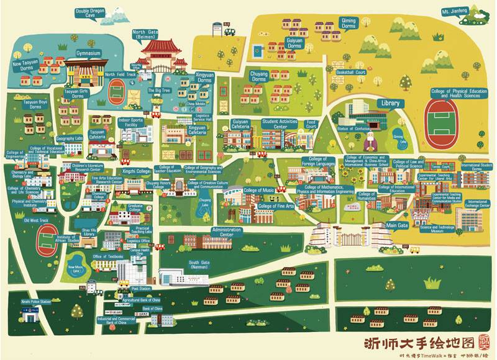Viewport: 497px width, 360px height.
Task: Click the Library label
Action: pyautogui.click(x=388, y=103)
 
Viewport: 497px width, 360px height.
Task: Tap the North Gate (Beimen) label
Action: pyautogui.click(x=148, y=34)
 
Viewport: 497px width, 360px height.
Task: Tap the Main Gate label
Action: pyautogui.click(x=397, y=225)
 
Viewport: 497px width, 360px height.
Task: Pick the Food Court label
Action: pyautogui.click(x=311, y=124)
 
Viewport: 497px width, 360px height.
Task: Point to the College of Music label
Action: pyautogui.click(x=259, y=190)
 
